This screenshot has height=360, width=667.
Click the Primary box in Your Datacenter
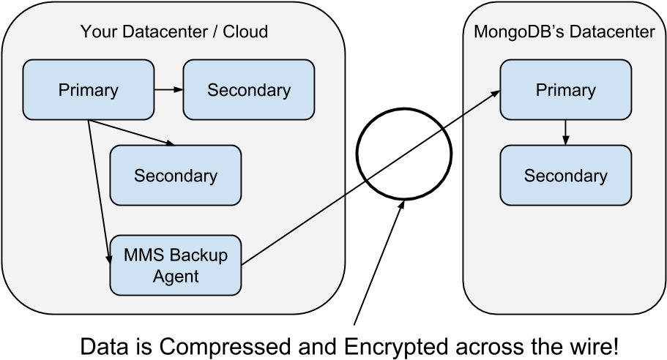(88, 90)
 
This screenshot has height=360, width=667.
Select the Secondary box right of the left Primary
(248, 90)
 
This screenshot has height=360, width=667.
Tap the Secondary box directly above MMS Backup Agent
(175, 176)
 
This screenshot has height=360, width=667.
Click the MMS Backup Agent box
(175, 265)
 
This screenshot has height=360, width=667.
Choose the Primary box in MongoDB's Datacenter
(565, 90)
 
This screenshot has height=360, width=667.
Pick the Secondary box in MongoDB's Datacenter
(565, 176)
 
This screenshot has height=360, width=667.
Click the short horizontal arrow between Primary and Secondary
(168, 89)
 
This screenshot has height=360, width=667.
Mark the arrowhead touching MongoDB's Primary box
(496, 93)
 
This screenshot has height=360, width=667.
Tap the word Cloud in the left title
(245, 31)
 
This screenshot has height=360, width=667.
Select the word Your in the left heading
(96, 31)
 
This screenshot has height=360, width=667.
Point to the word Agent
(175, 276)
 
